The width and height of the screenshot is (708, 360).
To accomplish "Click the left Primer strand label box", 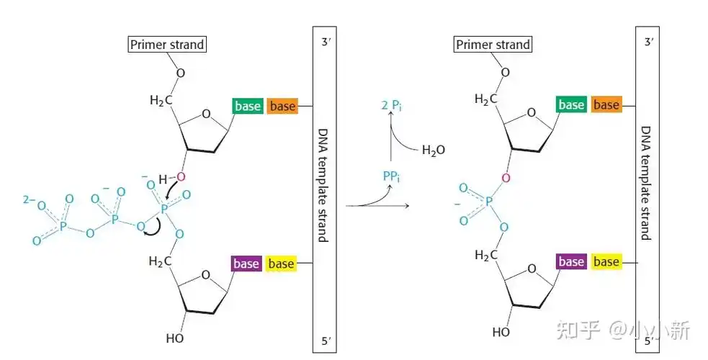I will click(167, 45).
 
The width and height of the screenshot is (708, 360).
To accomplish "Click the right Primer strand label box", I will click(493, 45).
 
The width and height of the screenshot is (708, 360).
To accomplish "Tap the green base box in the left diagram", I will click(247, 106).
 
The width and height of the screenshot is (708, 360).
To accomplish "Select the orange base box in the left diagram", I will click(282, 106).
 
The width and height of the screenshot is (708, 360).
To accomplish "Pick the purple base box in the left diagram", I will click(246, 264).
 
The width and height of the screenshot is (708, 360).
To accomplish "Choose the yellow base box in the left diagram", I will click(281, 264).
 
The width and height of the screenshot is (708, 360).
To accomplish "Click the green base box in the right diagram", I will click(571, 104).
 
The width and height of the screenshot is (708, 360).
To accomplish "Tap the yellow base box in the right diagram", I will click(606, 261).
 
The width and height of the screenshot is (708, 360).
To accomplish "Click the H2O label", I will click(434, 150).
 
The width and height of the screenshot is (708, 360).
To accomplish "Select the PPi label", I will click(392, 175).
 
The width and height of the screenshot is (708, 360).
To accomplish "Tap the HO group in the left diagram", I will click(175, 336).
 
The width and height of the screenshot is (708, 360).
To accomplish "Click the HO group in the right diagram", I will click(501, 332).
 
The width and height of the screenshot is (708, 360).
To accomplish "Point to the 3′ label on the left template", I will click(325, 41).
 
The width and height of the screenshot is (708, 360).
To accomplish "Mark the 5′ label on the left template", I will click(325, 341).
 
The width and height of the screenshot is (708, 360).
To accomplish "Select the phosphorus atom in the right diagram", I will click(489, 204).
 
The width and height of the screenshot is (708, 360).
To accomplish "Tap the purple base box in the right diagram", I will click(571, 261).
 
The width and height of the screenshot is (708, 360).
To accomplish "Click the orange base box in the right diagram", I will click(606, 104).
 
